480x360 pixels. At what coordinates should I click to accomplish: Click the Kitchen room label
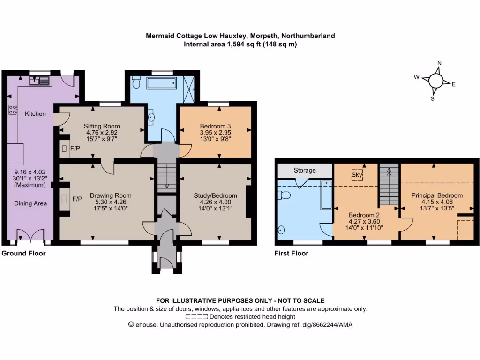point(36,113)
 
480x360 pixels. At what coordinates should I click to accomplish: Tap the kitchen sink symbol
point(39,81)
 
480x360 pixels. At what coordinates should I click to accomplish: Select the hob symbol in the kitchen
point(13,110)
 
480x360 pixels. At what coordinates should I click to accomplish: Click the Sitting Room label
point(102,126)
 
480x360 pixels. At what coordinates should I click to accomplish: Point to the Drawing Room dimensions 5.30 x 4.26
point(111,202)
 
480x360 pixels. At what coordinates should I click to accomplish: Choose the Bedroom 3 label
point(216,126)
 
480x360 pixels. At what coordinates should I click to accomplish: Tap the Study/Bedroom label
point(216,195)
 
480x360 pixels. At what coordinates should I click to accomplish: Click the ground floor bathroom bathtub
point(162,84)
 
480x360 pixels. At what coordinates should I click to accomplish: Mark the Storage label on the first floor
point(305,170)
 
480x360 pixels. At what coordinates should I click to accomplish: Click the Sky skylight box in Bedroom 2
point(356,174)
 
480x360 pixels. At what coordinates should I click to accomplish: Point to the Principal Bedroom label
point(437,195)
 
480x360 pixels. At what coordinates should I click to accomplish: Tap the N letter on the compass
point(439,64)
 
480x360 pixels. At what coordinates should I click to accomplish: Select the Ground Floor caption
point(23,254)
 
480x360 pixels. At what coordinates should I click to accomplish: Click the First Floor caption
point(291,254)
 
